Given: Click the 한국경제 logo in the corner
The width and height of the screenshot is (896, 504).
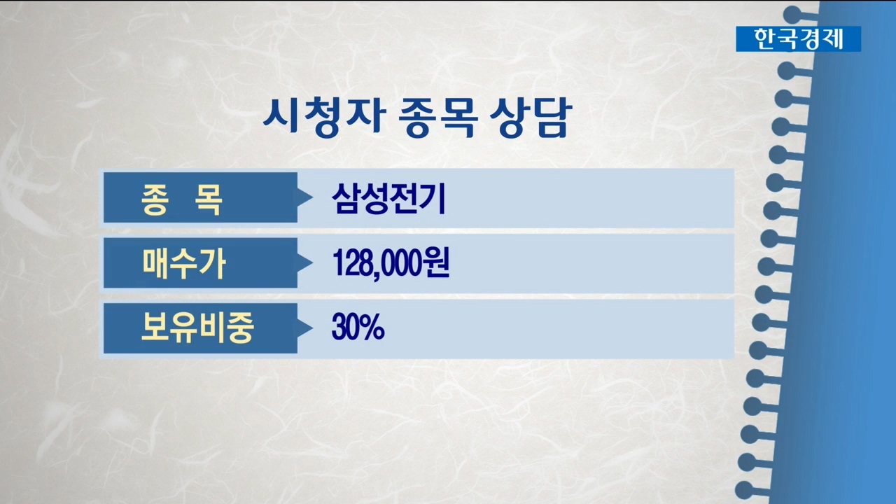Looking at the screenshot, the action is tap(799, 38).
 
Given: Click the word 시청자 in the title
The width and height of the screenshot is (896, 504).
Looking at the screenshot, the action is tap(324, 117).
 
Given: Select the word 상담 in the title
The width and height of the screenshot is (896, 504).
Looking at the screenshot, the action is tap(530, 118).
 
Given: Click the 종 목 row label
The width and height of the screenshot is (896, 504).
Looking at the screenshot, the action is tap(181, 199).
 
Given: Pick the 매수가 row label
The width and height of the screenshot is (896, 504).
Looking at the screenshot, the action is tap(184, 264).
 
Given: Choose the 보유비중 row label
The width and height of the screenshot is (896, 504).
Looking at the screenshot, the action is tap(197, 328).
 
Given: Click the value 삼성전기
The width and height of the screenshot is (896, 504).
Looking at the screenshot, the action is tap(388, 199).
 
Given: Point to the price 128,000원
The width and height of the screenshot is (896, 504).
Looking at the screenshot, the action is tap(391, 264).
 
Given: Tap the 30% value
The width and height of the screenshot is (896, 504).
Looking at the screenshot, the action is tap(358, 327).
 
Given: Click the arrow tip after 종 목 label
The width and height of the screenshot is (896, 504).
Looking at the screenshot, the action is tap(312, 197).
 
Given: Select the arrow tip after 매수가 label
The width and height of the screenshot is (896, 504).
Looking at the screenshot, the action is tap(312, 262).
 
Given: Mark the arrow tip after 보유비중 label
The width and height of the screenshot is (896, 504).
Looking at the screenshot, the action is tap(312, 328).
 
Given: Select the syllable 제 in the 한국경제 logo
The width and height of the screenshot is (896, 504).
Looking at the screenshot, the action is tap(832, 38).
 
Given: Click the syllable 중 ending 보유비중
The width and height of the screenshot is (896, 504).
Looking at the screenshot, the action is tap(240, 328).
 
